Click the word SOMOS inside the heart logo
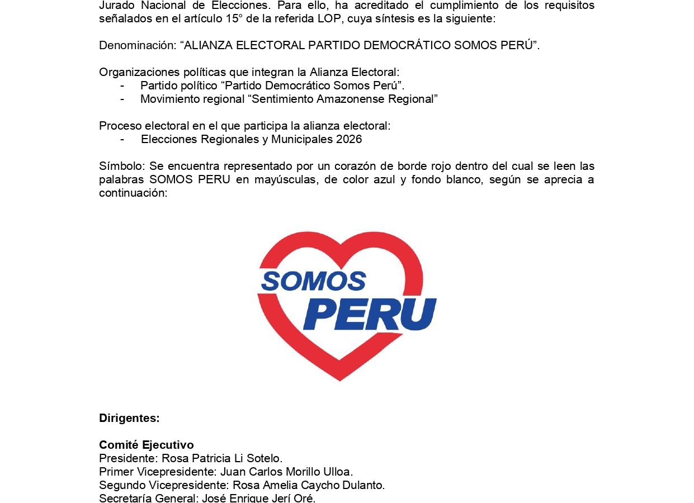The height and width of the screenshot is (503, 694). (313, 281)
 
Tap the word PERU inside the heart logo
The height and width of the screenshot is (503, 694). (370, 314)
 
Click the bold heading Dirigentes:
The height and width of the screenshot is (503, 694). (129, 418)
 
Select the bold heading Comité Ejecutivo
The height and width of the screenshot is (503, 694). (147, 445)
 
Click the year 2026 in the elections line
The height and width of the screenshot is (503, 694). (349, 140)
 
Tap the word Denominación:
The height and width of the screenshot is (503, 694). (138, 46)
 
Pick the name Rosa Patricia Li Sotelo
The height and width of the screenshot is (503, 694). (222, 459)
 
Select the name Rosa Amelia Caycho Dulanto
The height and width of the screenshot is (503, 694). (309, 485)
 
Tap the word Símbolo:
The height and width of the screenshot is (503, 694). (122, 167)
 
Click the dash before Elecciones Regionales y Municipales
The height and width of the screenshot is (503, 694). (122, 140)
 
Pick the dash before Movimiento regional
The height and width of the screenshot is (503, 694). (122, 99)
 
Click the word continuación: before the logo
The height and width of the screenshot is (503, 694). (133, 193)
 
